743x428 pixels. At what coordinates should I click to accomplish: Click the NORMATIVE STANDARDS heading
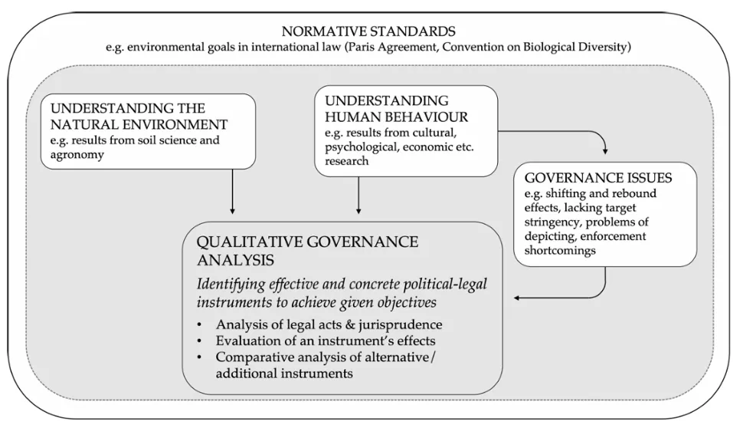pyautogui.click(x=368, y=31)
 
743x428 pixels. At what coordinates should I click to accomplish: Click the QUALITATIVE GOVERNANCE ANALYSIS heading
pyautogui.click(x=308, y=250)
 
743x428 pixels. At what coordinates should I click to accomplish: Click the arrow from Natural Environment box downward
pyautogui.click(x=232, y=192)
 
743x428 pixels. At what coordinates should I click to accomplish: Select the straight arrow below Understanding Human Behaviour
pyautogui.click(x=358, y=192)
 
